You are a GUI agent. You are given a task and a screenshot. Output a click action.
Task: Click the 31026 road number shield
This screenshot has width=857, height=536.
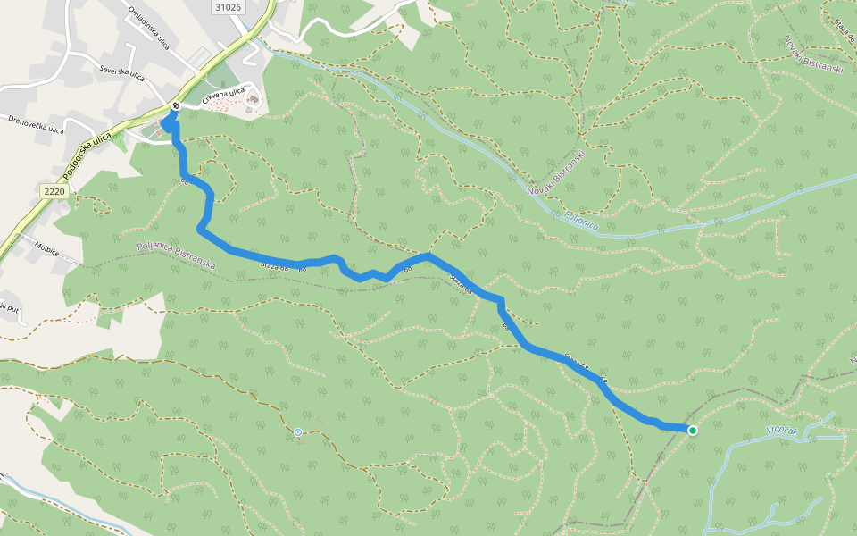[228, 7]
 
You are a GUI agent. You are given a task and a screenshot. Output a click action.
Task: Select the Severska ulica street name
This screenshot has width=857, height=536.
[121, 73]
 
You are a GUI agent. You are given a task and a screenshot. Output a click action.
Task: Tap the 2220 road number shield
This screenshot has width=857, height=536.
[54, 190]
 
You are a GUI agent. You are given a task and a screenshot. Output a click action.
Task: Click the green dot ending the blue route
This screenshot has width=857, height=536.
[692, 431]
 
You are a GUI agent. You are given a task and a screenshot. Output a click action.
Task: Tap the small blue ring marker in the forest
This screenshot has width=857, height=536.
[298, 432]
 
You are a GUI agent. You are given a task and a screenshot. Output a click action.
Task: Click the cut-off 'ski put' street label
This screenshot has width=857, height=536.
[9, 306]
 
